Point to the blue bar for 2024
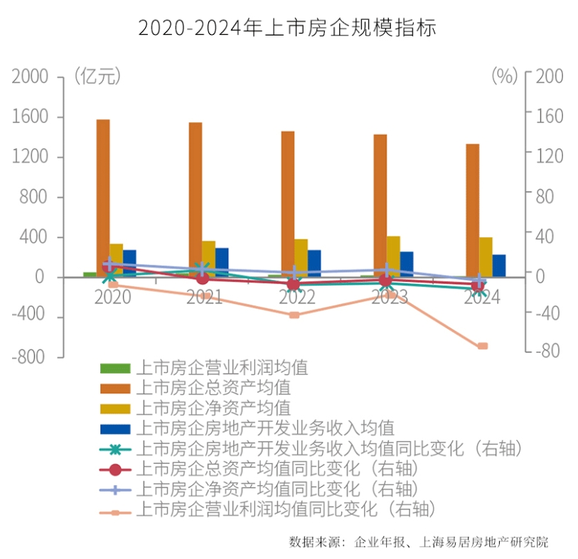click(499, 265)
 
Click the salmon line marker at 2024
click(482, 346)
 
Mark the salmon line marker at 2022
click(294, 314)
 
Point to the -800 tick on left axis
click(28, 357)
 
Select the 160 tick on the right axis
click(550, 115)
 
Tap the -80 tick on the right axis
click(548, 350)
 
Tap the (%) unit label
click(504, 76)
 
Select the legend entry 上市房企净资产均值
click(213, 408)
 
